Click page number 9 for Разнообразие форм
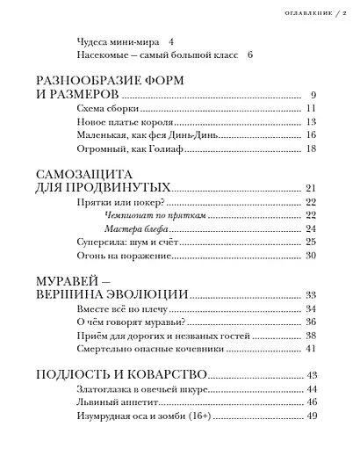pyautogui.click(x=313, y=95)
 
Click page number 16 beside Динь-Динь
pyautogui.click(x=310, y=137)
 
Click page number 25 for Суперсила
pyautogui.click(x=310, y=242)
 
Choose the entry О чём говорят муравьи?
pyautogui.click(x=124, y=322)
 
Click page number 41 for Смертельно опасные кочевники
pyautogui.click(x=310, y=349)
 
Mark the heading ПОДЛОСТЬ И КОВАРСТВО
pyautogui.click(x=120, y=374)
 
